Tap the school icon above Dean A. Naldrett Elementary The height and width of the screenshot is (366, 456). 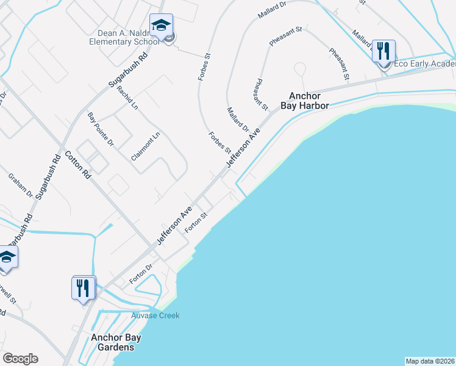(161, 26)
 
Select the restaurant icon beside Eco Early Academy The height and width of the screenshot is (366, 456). (383, 51)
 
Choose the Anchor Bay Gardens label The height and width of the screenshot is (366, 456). (112, 342)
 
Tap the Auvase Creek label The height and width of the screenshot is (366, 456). (155, 315)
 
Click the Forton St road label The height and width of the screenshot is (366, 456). (197, 221)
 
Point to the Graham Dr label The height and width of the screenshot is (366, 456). (20, 185)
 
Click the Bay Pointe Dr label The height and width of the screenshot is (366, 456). (101, 129)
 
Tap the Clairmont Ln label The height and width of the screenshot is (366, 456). (145, 147)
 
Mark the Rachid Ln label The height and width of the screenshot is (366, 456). (127, 98)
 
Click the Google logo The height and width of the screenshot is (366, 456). (20, 359)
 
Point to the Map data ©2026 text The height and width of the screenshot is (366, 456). (430, 361)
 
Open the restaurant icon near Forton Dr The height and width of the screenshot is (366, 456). (83, 287)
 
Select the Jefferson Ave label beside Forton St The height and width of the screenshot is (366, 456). (174, 226)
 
